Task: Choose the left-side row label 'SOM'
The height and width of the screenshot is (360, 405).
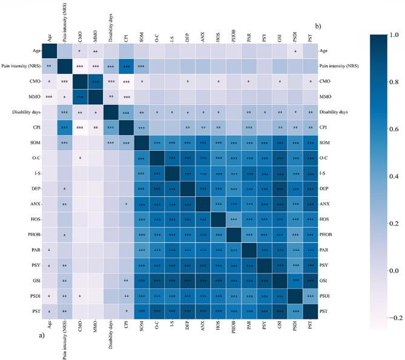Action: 34,143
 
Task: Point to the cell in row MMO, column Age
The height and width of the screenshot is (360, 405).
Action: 49,96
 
